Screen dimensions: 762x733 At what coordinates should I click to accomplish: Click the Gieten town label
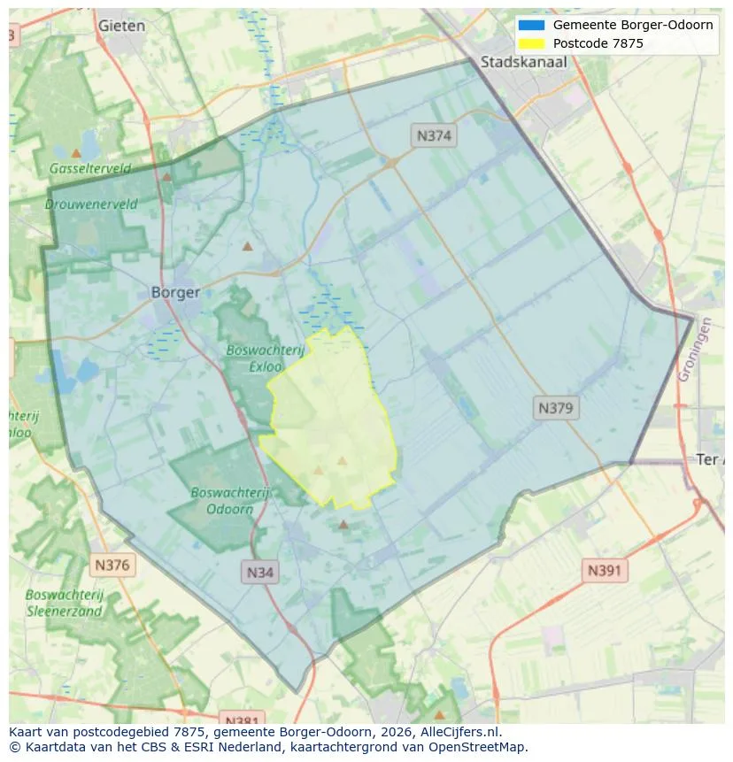tap(121, 26)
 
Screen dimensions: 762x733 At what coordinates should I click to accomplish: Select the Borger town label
tap(175, 292)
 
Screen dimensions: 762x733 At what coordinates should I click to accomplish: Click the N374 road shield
tap(434, 135)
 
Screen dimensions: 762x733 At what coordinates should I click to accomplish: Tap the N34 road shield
tap(259, 573)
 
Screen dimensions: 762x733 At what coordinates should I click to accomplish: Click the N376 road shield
tap(112, 565)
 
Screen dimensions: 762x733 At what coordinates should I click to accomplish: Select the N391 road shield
tap(605, 571)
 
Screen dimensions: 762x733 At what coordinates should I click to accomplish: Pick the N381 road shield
tap(240, 719)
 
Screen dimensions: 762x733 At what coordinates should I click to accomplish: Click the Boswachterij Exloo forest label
tap(266, 358)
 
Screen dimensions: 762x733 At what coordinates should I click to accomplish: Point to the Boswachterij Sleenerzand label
tap(65, 603)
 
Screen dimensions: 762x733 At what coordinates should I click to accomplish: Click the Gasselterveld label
tap(90, 168)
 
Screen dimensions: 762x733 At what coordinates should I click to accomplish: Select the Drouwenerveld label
tap(91, 204)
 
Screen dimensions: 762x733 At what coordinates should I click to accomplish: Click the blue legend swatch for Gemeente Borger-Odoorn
tap(532, 25)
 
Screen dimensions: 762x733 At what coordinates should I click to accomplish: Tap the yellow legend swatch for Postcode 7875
tap(532, 43)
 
